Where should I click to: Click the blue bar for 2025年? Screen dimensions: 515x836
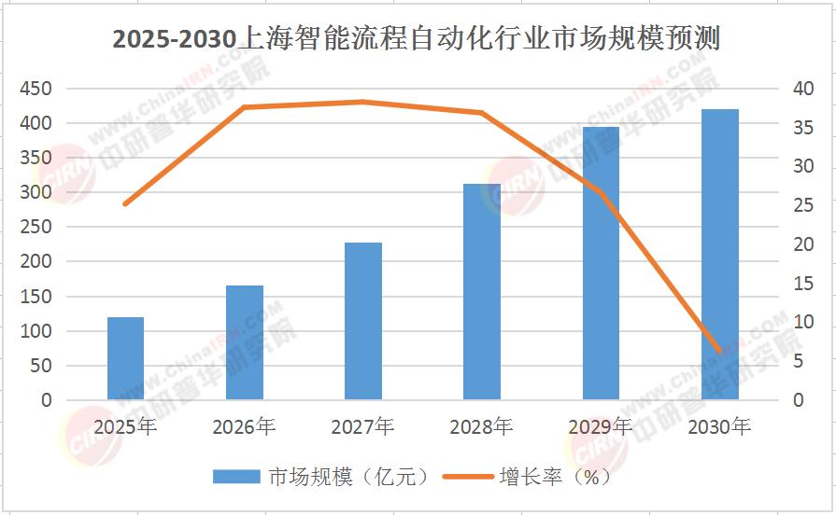tap(125, 359)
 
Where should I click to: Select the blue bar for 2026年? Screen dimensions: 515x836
tap(245, 343)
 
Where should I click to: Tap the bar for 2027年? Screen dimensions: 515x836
tap(363, 322)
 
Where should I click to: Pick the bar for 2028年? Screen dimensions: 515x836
tap(482, 292)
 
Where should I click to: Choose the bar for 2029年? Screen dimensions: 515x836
tap(601, 264)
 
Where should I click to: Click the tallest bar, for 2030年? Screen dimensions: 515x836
tap(719, 255)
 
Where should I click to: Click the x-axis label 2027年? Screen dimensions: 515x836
tap(363, 427)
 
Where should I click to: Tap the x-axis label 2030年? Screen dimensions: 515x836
tap(719, 427)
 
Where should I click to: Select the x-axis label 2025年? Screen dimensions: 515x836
tap(125, 427)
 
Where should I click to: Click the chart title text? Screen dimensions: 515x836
tap(417, 41)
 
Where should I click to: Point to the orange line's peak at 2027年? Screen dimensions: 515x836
tap(363, 102)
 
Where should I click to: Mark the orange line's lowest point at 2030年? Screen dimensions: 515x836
tap(719, 351)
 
